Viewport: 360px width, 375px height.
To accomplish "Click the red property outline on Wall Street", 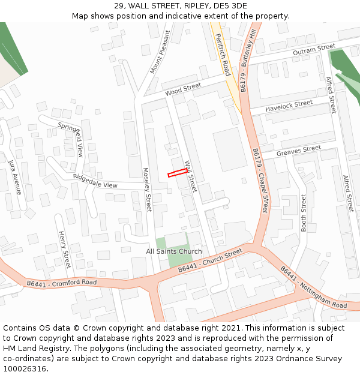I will coord(176,173).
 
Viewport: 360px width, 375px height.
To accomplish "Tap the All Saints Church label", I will coord(174,251).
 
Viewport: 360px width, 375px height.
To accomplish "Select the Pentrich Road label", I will coord(223,54).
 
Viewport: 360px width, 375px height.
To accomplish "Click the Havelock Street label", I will coord(289,106).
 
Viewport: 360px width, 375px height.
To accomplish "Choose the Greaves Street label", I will coord(299,151).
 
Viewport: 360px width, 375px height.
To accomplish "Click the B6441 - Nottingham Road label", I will coord(313,288).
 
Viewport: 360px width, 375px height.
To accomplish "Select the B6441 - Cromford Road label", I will coord(62,283).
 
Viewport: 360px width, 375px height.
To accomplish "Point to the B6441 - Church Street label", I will coord(210,262).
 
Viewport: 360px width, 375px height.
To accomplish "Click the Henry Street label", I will coord(64,249).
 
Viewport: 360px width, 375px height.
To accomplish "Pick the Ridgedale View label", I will coord(95,181).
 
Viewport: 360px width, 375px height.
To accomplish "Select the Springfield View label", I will coord(71,140).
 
